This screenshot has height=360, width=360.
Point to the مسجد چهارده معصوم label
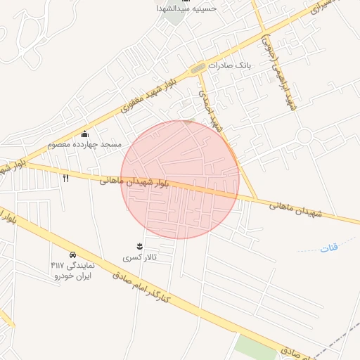[84, 144]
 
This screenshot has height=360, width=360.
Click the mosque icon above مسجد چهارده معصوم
[85, 134]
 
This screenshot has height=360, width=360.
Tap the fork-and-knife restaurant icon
[66, 178]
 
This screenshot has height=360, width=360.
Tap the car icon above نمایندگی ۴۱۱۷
[72, 254]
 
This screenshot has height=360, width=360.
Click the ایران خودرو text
[74, 276]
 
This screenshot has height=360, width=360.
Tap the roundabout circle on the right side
[304, 136]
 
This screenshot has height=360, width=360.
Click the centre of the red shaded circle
[180, 179]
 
